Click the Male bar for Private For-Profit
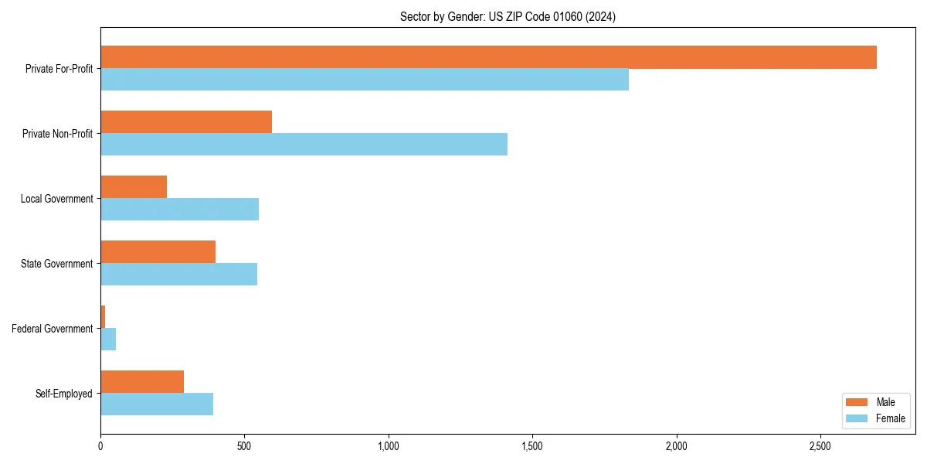[x=488, y=57]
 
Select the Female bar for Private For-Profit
[x=365, y=80]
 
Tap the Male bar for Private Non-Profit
[x=186, y=122]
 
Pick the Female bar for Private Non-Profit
[x=304, y=145]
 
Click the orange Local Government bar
[x=134, y=187]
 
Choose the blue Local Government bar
[x=179, y=210]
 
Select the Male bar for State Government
[x=158, y=252]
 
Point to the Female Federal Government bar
[x=108, y=339]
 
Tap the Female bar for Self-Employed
[x=157, y=404]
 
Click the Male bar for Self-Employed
[x=142, y=382]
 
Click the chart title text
[x=508, y=16]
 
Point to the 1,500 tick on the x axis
[x=532, y=447]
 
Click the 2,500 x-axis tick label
[x=820, y=447]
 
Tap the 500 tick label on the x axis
[x=244, y=447]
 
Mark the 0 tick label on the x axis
[x=100, y=447]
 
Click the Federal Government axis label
[x=53, y=329]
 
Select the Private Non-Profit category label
[x=57, y=134]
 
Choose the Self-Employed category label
[x=64, y=394]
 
